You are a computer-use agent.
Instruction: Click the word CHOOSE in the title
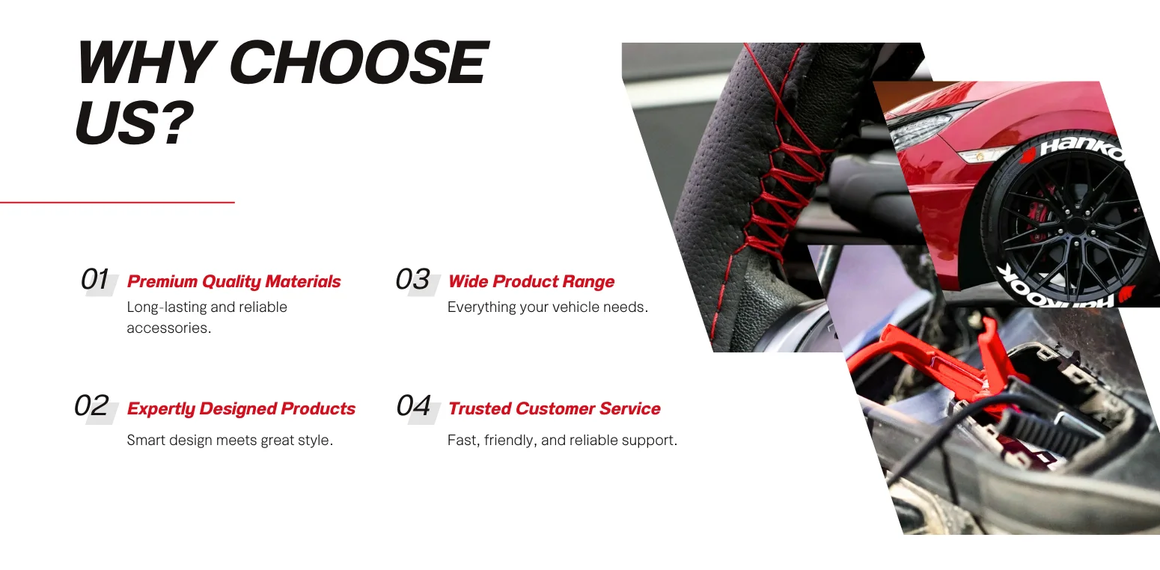click(x=358, y=62)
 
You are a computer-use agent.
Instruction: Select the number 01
click(x=95, y=279)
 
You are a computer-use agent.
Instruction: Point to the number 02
click(x=91, y=405)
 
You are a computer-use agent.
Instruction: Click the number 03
click(x=412, y=279)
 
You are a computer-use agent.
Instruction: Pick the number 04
click(x=413, y=405)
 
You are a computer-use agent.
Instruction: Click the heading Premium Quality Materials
click(x=234, y=281)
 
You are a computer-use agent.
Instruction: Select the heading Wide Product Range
click(x=531, y=281)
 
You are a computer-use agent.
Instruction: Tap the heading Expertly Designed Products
click(x=241, y=408)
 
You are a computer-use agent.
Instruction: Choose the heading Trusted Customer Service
click(x=554, y=408)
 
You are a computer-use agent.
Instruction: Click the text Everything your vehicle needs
click(x=548, y=307)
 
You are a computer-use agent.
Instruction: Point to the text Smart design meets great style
click(x=230, y=440)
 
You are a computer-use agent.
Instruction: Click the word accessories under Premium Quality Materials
click(x=169, y=328)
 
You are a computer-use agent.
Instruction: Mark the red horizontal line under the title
click(x=117, y=203)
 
